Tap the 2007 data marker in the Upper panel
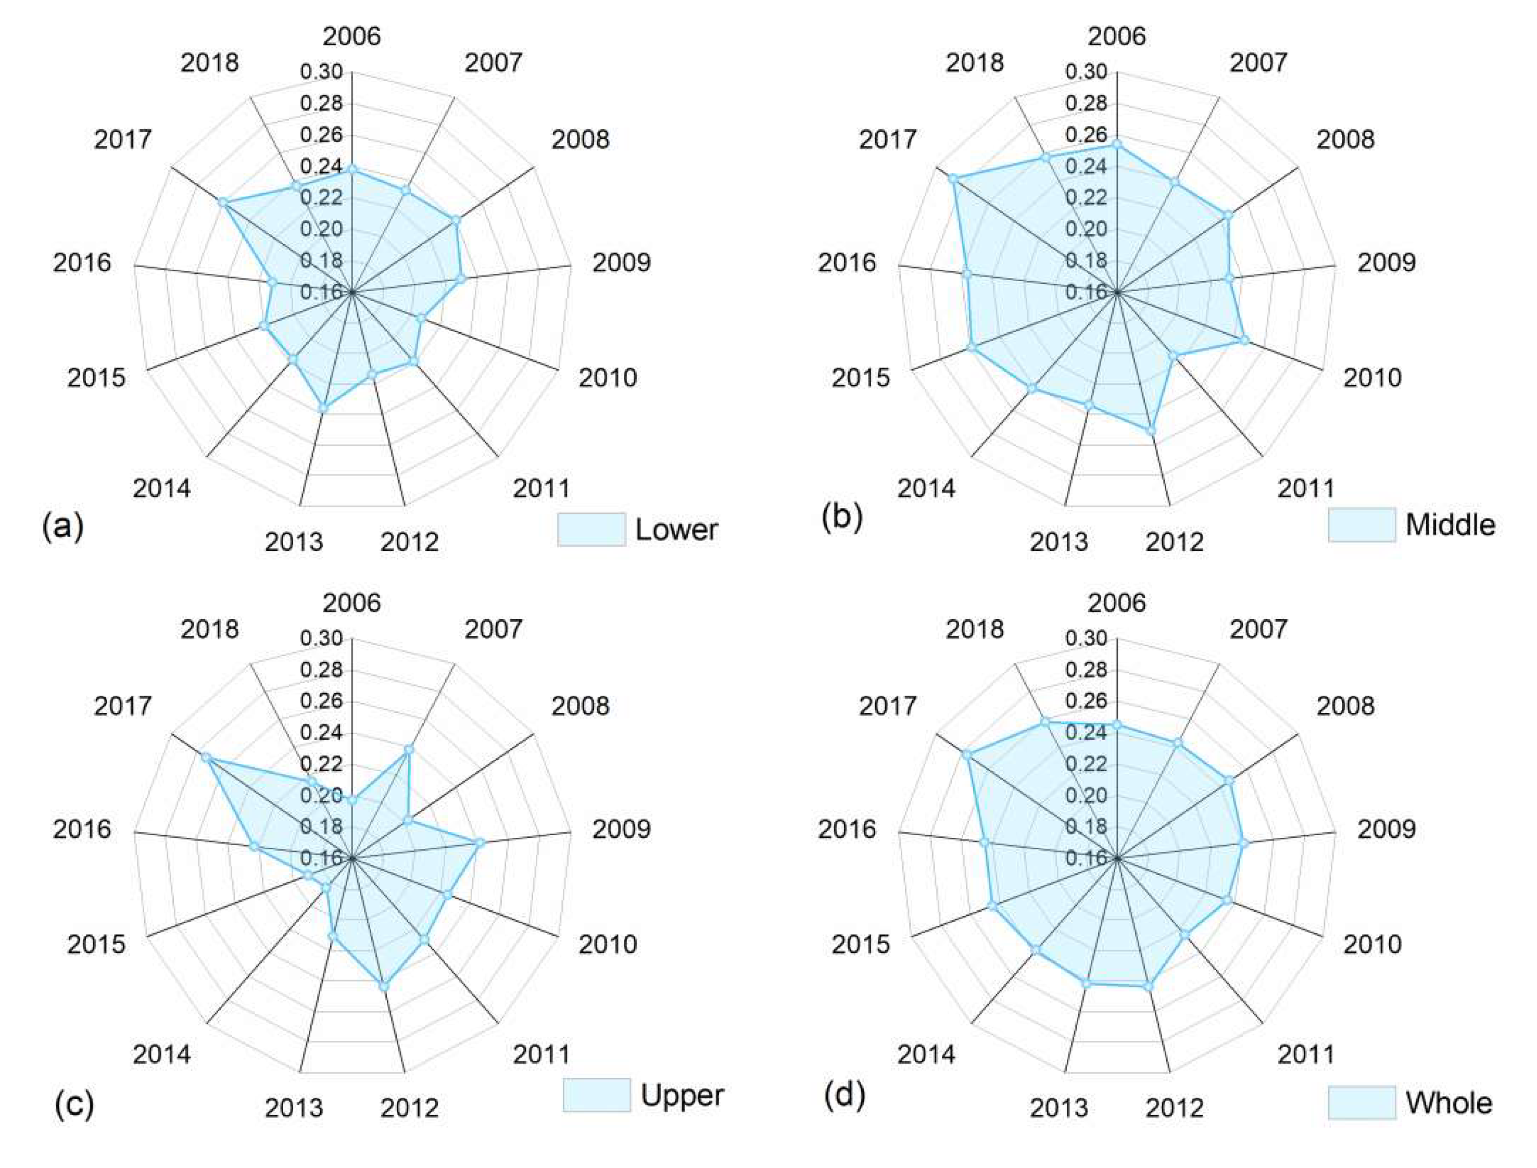409,749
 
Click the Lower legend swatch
591,530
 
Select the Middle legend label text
1450,525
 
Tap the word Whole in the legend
1448,1103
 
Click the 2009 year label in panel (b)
1386,263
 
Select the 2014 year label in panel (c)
161,1054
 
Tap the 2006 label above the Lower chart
352,36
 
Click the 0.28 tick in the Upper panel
321,670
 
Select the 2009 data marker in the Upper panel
479,843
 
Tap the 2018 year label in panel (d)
975,629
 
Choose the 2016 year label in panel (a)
82,263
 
